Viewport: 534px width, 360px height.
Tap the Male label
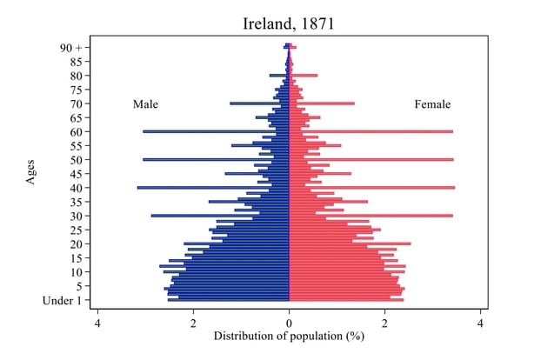coord(145,104)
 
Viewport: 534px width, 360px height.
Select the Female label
coord(432,104)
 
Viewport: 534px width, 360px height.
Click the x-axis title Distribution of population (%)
coord(288,335)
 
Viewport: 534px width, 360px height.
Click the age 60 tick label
coord(77,131)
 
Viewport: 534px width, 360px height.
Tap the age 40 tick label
coord(77,188)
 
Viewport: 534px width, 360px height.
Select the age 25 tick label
coord(77,230)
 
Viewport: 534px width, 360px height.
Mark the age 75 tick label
coord(77,90)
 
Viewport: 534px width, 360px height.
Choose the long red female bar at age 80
coord(304,76)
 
